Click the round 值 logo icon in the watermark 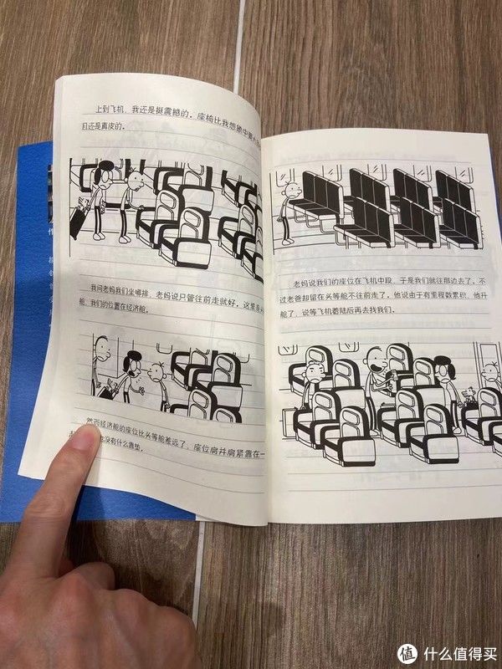[407, 651]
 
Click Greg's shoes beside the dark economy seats [287, 241]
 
